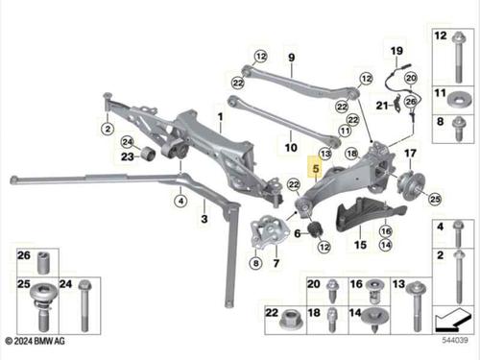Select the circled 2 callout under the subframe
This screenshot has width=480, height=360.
pos(108,129)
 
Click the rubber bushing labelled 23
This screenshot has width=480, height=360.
pos(149,153)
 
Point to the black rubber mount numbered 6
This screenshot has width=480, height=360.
pos(316,229)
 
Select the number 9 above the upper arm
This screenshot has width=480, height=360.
pos(291,58)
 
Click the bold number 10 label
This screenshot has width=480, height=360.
pos(291,148)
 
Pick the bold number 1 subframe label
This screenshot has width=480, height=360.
pos(220,117)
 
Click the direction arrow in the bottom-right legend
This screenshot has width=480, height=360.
pos(453,319)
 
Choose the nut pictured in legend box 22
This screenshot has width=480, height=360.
pos(290,321)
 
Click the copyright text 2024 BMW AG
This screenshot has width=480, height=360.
pos(36,341)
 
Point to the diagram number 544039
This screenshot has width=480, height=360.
pos(455,340)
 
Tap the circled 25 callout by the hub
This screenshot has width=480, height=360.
pos(435,199)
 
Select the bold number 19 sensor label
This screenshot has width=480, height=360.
pos(396,51)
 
